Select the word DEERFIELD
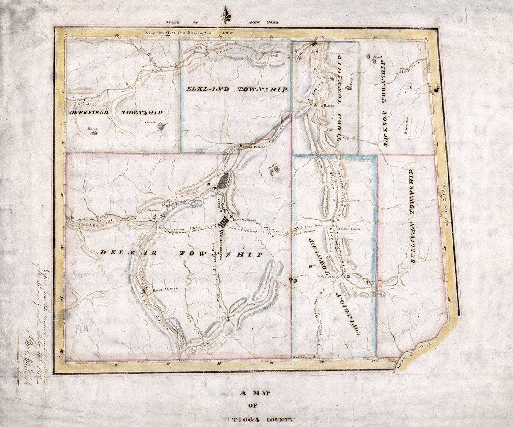tap(89, 113)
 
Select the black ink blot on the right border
tap(436, 89)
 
